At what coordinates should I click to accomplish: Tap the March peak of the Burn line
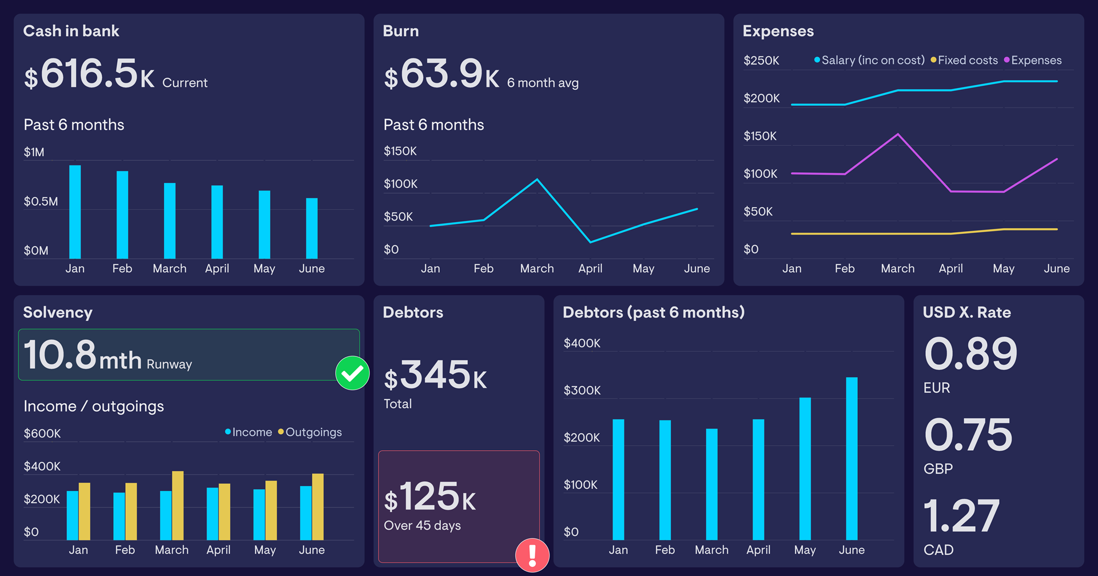point(537,180)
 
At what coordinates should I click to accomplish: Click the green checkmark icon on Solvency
point(352,373)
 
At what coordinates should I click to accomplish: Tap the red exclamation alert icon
point(532,555)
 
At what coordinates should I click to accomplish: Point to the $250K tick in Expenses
point(761,61)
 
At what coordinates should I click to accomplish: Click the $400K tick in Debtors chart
point(582,343)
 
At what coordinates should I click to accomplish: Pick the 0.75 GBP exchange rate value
point(968,435)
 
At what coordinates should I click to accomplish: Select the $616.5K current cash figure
point(89,74)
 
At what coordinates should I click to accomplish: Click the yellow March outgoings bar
point(178,506)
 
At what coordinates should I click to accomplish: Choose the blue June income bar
point(306,513)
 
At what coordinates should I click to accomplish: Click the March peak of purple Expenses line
point(898,134)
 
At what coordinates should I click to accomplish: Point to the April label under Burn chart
point(590,268)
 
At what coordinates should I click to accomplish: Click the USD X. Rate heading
point(966,312)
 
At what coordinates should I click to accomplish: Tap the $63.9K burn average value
point(441,74)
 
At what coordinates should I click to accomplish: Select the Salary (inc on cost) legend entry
point(872,60)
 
